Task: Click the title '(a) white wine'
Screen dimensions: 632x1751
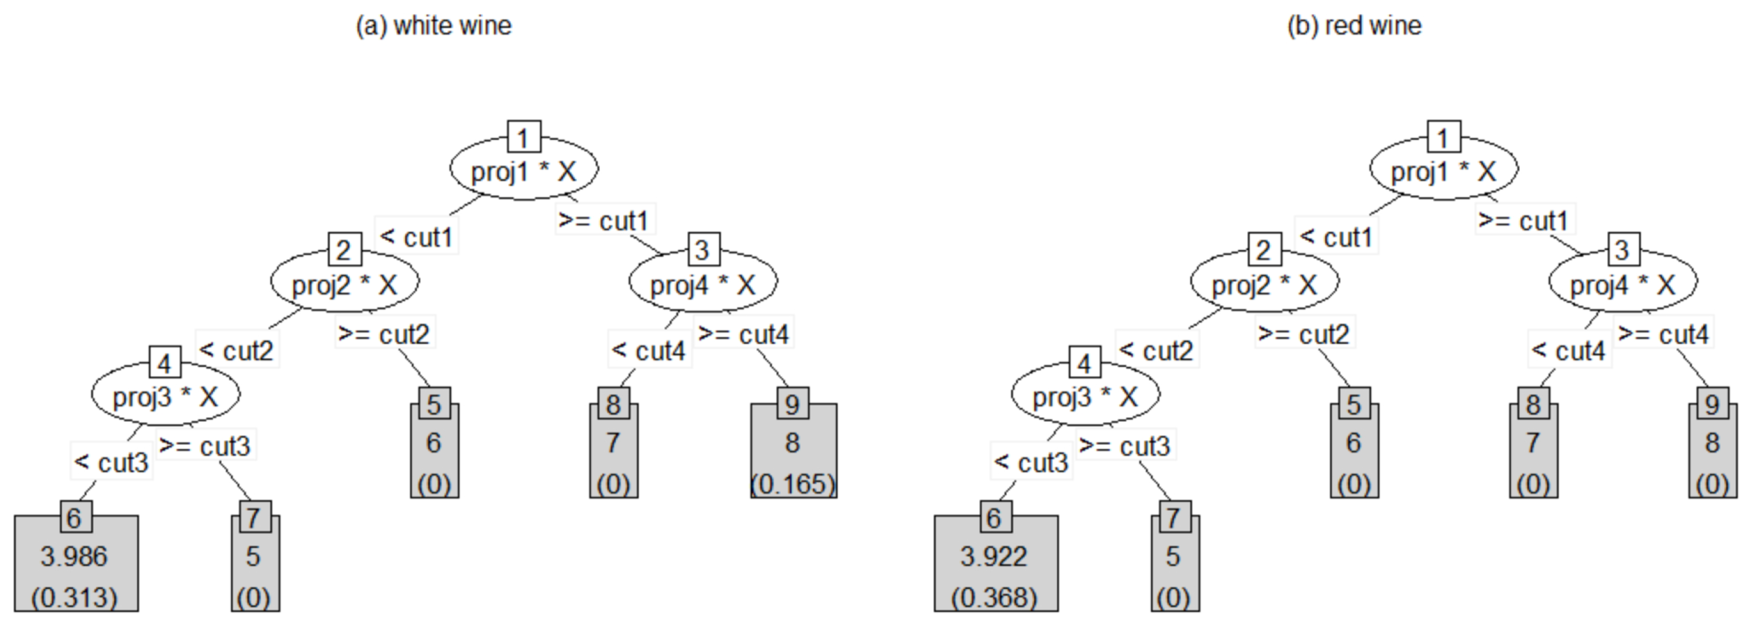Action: point(434,26)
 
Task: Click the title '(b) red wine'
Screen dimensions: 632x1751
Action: point(1354,26)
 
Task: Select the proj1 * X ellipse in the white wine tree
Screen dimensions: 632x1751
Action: point(523,171)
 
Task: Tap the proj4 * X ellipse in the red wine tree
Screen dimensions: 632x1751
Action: point(1623,284)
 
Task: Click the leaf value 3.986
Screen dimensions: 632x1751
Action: point(73,556)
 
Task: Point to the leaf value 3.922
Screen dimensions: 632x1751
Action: point(994,556)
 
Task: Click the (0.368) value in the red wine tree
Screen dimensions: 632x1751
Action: point(994,598)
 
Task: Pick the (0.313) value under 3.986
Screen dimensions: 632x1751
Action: point(74,598)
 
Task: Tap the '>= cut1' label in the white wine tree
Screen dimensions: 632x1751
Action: point(604,220)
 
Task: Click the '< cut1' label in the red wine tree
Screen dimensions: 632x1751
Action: point(1336,237)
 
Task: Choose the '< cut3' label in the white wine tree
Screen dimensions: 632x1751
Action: point(111,462)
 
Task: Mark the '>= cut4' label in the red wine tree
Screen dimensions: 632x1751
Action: point(1663,334)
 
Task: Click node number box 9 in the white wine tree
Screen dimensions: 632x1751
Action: point(792,404)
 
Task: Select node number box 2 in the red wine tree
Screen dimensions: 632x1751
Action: point(1264,249)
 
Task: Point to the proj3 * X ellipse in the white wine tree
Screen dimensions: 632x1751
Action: point(165,396)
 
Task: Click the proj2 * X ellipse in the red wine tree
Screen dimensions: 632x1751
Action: point(1264,284)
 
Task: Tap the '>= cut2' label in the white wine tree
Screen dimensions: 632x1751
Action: point(384,334)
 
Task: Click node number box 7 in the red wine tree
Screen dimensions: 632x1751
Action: point(1173,518)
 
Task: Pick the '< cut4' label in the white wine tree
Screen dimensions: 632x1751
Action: point(648,351)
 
